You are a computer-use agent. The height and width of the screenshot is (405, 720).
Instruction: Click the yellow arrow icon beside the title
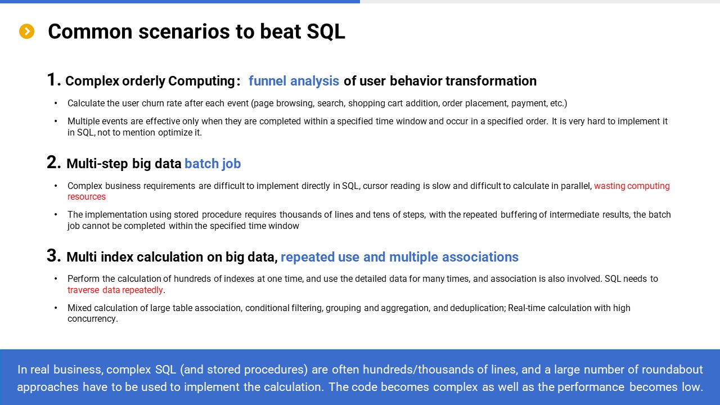[x=26, y=31]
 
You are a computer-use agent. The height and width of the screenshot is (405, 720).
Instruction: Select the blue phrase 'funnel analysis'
[x=294, y=81]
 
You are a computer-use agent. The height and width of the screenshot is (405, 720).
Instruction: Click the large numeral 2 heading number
[x=53, y=162]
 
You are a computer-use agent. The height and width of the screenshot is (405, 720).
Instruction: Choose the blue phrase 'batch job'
[x=213, y=164]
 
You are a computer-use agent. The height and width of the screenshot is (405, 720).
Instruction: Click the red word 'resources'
[x=87, y=197]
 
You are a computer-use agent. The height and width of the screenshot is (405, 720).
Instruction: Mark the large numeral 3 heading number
[x=53, y=255]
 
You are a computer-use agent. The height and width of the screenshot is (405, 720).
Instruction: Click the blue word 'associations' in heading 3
[x=480, y=257]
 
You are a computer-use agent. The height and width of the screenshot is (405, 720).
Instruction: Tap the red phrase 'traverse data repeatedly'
[x=115, y=290]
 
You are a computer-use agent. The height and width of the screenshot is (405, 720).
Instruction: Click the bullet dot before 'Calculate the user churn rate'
[x=56, y=103]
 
